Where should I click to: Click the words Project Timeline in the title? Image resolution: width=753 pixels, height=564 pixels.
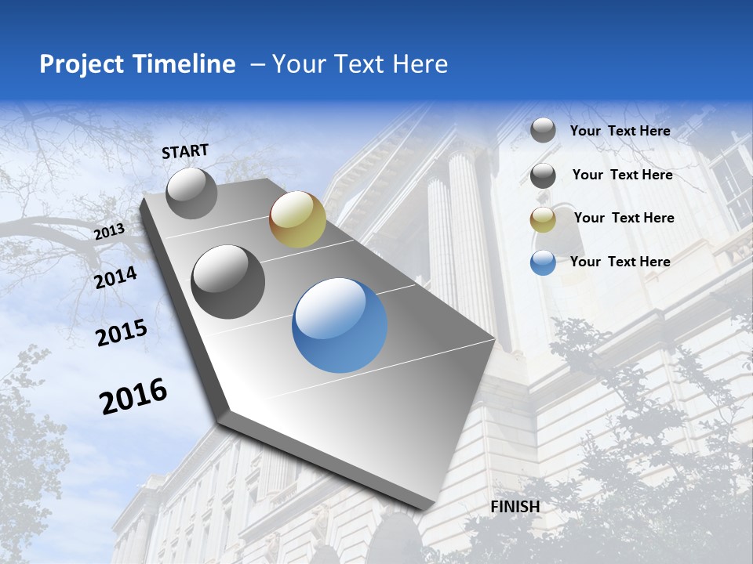click(137, 64)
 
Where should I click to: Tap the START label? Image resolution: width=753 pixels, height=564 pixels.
click(185, 151)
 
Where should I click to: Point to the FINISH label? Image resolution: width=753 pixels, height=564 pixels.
click(515, 507)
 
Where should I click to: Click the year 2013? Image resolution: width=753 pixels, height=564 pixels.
click(110, 231)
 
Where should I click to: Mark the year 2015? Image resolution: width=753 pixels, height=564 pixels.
click(122, 332)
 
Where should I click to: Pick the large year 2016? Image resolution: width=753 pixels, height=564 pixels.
click(133, 396)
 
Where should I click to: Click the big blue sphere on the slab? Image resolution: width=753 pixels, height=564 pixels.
click(340, 325)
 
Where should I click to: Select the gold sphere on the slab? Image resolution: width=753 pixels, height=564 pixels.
click(297, 219)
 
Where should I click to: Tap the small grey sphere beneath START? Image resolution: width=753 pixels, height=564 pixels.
click(191, 193)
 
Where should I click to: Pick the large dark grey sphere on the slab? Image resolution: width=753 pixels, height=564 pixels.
click(228, 282)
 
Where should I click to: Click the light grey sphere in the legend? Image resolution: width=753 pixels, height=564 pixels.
click(543, 131)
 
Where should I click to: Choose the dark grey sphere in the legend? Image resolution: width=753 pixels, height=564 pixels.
click(543, 175)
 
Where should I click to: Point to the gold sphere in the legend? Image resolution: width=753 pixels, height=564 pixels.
click(543, 219)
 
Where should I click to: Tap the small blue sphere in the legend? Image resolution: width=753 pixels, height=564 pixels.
click(543, 262)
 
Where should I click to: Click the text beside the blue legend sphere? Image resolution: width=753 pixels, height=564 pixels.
click(620, 262)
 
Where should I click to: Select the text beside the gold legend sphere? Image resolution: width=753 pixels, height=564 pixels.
click(624, 218)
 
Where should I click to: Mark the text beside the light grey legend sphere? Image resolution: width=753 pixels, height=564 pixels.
click(620, 131)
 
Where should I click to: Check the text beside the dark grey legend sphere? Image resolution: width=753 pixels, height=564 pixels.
click(622, 175)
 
